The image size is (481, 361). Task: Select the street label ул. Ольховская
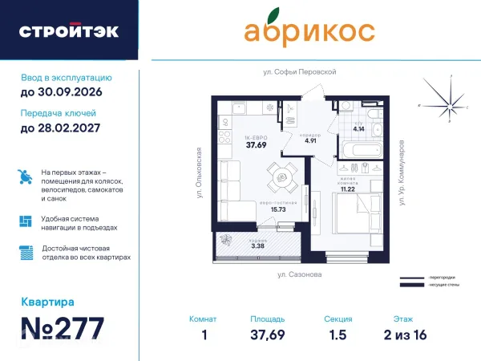tap(193, 172)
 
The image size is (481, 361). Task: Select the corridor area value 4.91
tap(310, 141)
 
